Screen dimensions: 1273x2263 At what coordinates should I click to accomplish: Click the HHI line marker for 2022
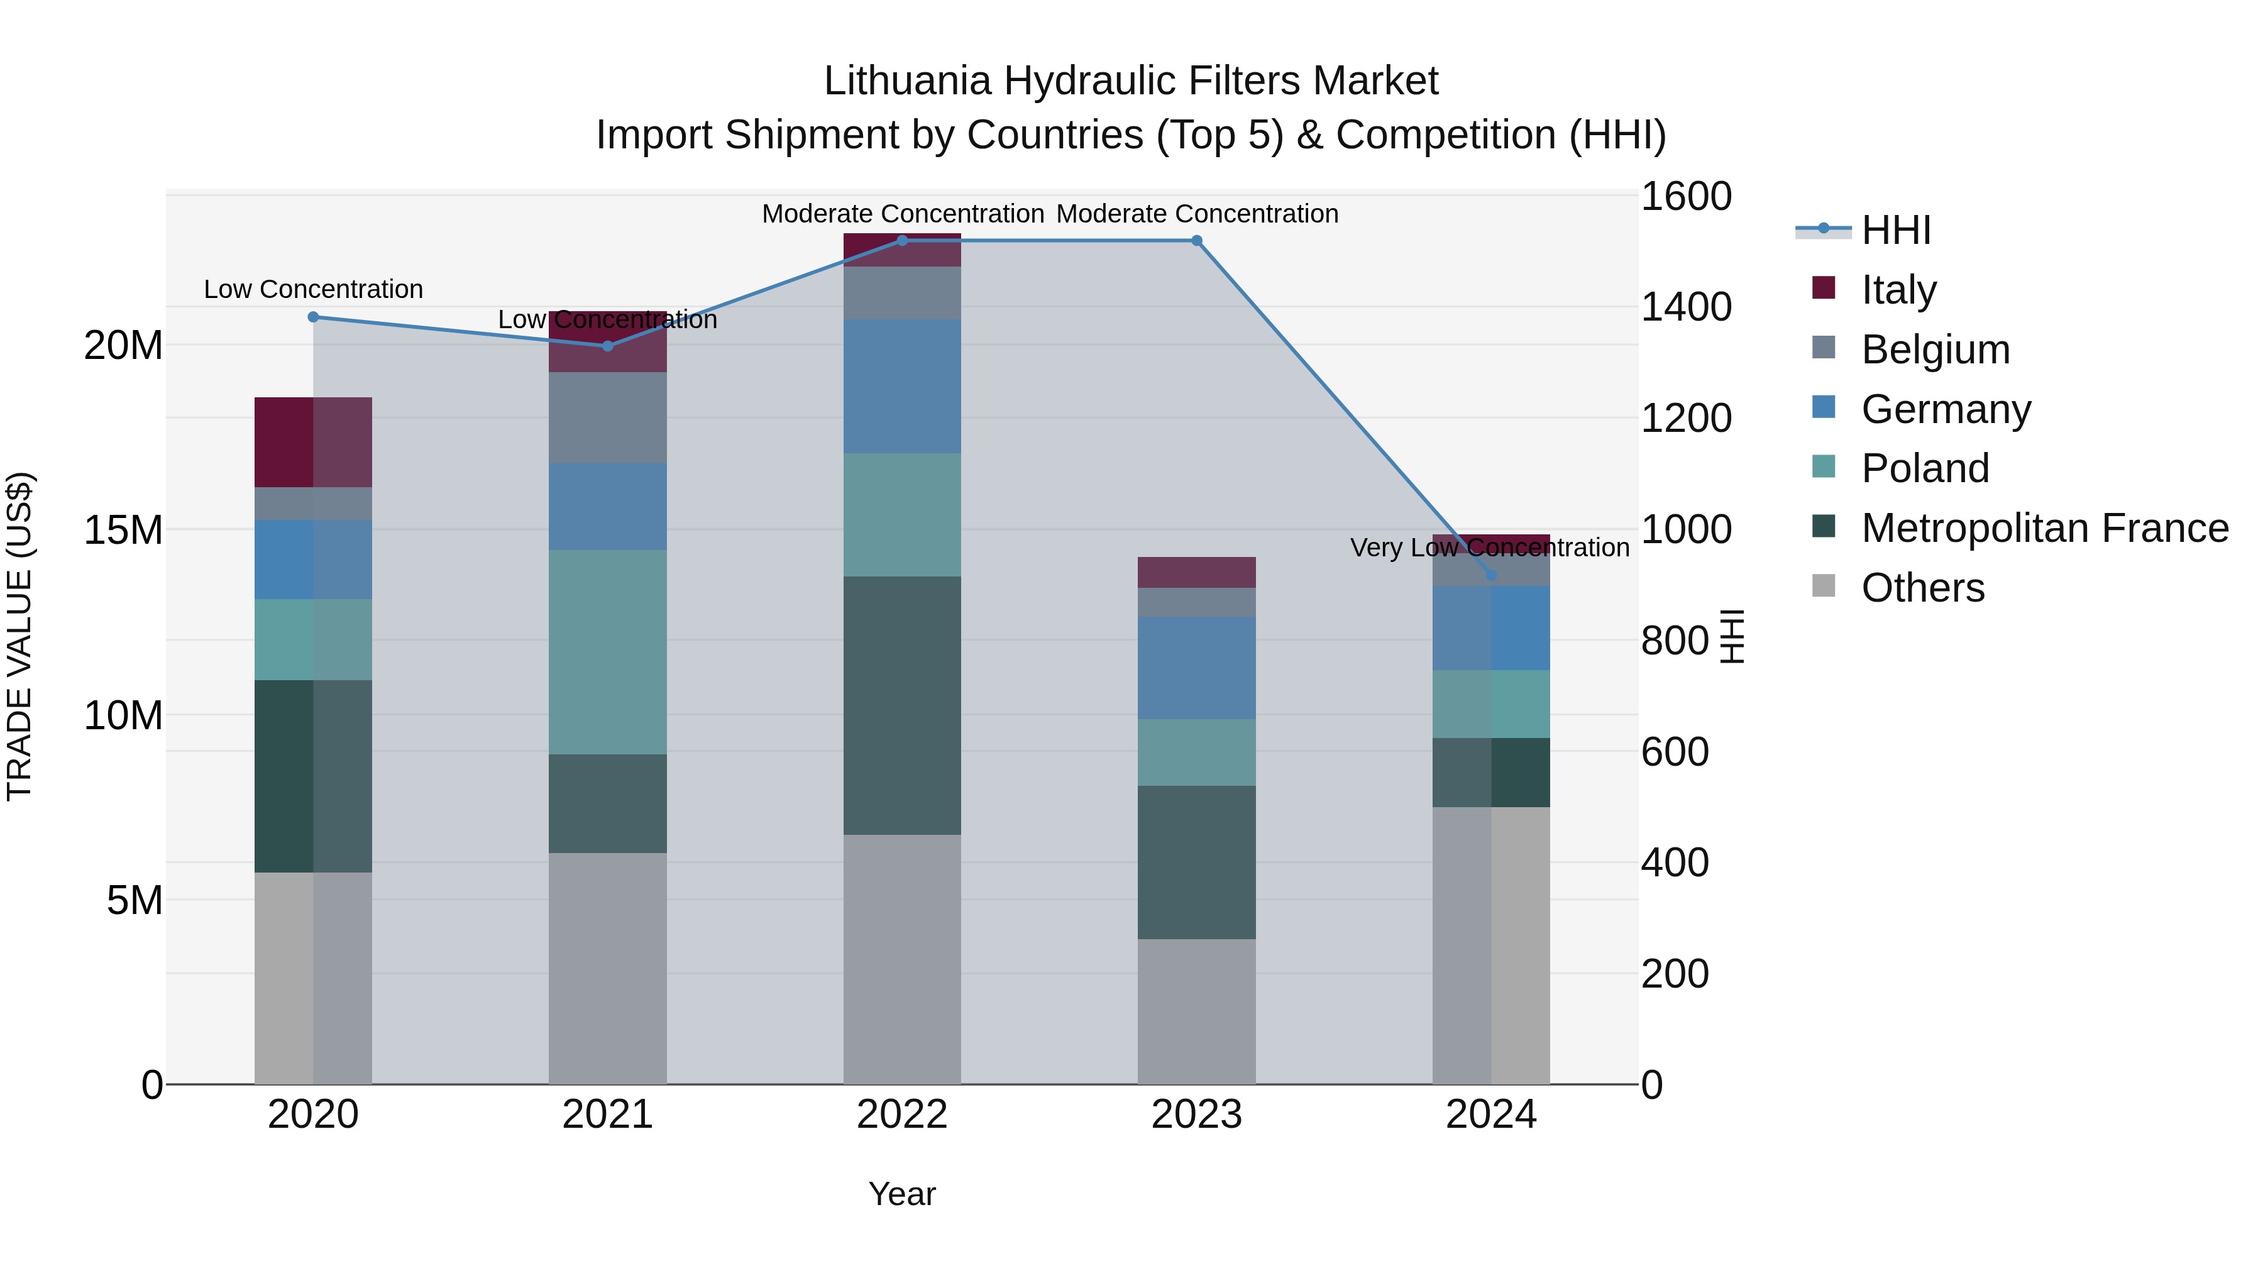click(901, 240)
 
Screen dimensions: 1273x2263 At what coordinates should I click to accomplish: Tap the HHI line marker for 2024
click(1491, 575)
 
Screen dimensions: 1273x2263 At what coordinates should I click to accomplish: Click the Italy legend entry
click(1898, 289)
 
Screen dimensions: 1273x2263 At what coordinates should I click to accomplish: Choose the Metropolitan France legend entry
click(2044, 528)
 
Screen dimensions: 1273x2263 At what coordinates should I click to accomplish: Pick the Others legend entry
click(1922, 588)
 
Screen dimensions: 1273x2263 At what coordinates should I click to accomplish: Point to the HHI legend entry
click(1895, 230)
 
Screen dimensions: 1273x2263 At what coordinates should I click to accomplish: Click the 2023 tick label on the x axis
click(1196, 1115)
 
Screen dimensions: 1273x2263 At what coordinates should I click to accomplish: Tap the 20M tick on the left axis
click(123, 345)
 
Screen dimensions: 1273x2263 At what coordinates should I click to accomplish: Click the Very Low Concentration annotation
click(1489, 548)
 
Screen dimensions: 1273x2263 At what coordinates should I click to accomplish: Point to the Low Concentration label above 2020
click(313, 289)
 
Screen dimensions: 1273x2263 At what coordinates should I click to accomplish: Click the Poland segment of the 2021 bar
click(607, 652)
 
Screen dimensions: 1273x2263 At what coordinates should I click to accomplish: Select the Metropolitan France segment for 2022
click(901, 705)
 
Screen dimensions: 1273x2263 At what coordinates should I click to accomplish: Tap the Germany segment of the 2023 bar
click(1196, 668)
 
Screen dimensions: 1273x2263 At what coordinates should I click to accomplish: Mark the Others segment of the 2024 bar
click(1491, 944)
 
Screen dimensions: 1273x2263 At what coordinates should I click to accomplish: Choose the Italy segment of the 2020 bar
click(313, 442)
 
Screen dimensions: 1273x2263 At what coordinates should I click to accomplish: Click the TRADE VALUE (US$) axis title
click(19, 636)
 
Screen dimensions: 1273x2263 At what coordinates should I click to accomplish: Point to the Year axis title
click(901, 1194)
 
